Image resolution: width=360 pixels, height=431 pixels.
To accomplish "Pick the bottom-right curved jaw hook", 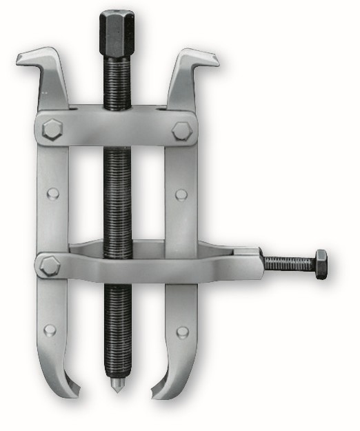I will (x=164, y=390).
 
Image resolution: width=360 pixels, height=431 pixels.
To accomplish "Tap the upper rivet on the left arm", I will (x=52, y=194).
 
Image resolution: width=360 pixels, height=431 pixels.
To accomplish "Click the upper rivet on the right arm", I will (x=181, y=194).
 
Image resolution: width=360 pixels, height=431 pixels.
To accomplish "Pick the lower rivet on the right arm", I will (x=182, y=332).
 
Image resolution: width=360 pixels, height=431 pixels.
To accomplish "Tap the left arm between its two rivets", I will (x=52, y=228).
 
